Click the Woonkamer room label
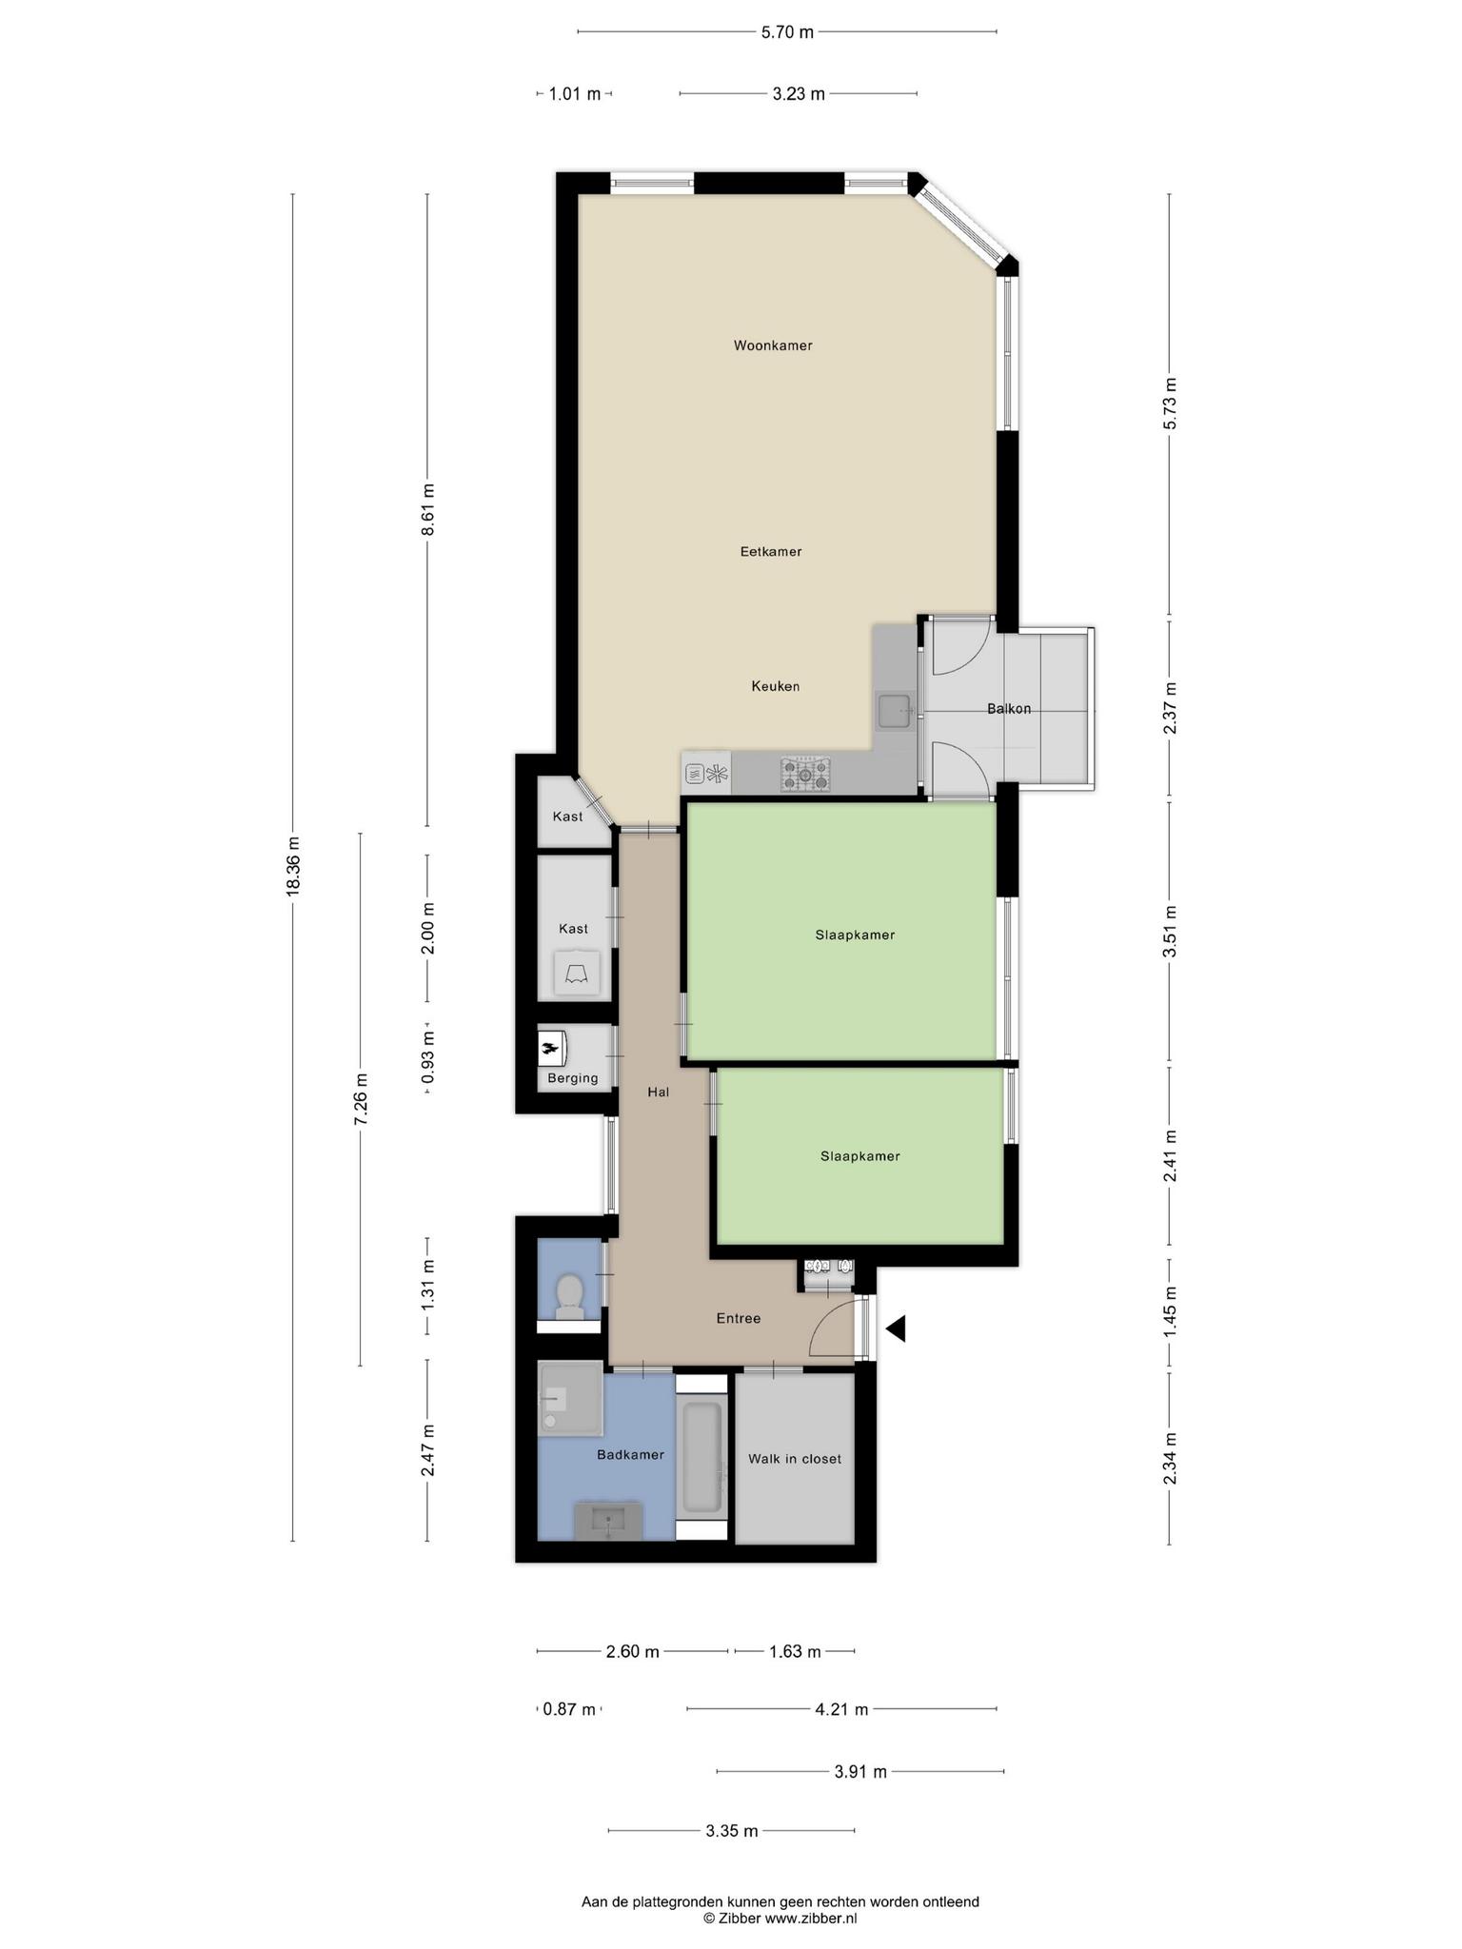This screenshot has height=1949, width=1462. [x=773, y=345]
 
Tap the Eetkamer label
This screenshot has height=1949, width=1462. [x=771, y=551]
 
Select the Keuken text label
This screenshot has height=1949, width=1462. [x=776, y=686]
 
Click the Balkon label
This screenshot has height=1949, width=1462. [x=1009, y=709]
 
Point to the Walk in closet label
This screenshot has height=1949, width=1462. [x=795, y=1459]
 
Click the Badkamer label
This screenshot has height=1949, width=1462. [x=630, y=1455]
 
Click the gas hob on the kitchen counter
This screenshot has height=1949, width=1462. [x=805, y=775]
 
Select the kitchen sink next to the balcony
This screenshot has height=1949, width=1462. [x=894, y=712]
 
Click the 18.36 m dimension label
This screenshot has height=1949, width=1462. [x=293, y=865]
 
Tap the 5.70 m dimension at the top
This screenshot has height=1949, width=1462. [x=787, y=32]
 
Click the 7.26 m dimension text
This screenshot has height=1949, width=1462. [x=361, y=1099]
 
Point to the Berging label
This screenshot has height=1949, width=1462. [x=573, y=1078]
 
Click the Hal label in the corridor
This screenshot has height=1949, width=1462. [x=659, y=1093]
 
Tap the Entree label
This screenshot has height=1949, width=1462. [x=739, y=1319]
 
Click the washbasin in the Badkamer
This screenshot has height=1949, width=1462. [x=607, y=1520]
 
